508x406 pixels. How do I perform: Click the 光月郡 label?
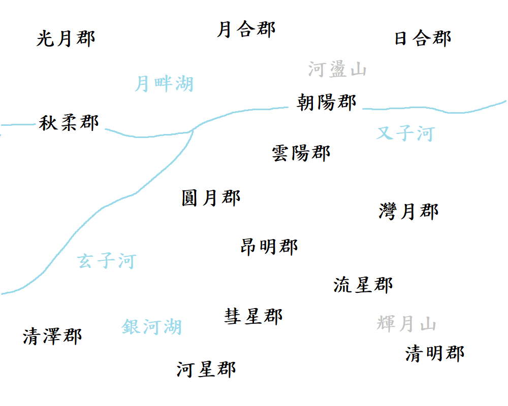[x=66, y=39]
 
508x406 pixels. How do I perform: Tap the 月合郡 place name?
[x=246, y=29]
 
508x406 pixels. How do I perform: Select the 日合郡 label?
[x=423, y=39]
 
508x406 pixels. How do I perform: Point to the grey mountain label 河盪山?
[x=337, y=70]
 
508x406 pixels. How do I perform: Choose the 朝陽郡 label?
[x=327, y=103]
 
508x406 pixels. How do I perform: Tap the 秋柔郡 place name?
[x=69, y=123]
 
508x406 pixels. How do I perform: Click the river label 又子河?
[x=405, y=133]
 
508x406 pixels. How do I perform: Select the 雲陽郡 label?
[x=301, y=153]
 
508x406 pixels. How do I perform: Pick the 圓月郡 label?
[x=211, y=197]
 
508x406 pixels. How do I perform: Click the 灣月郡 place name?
[x=408, y=211]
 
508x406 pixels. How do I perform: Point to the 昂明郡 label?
[x=269, y=247]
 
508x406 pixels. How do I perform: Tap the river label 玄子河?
[x=107, y=261]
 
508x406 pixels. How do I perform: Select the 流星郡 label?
[x=363, y=285]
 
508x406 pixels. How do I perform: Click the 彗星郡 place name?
[x=253, y=316]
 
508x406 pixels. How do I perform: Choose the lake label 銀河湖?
[x=152, y=327]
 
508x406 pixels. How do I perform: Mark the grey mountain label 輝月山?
[x=406, y=323]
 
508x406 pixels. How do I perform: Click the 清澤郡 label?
[x=52, y=336]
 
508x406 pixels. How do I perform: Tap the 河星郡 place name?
[x=206, y=369]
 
